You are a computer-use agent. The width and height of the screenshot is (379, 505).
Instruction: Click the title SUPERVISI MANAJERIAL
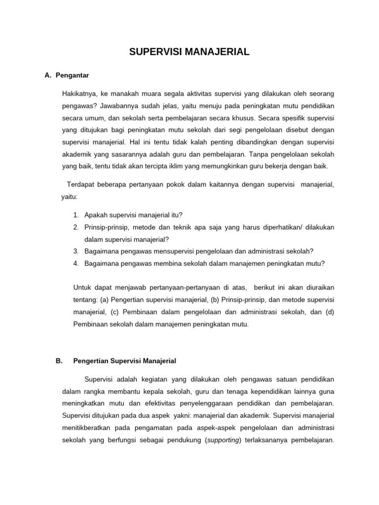189,52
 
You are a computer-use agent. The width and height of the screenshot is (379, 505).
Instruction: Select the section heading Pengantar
72,75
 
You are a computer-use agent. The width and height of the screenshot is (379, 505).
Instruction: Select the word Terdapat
81,184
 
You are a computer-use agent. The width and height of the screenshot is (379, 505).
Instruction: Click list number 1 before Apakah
76,215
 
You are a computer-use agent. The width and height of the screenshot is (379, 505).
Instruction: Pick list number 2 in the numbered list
76,227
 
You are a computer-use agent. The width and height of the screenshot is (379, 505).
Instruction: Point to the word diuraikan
320,287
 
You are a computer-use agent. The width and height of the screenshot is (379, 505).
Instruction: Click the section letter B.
59,361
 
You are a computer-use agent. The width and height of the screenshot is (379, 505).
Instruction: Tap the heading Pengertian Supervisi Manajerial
124,361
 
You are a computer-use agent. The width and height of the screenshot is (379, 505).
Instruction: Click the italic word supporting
223,440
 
